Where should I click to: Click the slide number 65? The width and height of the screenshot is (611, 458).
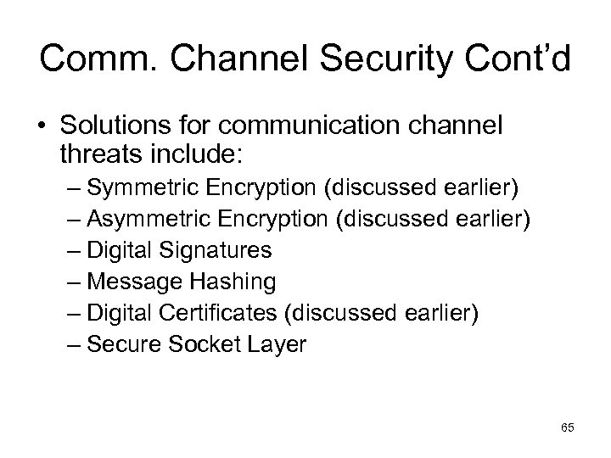[x=567, y=428]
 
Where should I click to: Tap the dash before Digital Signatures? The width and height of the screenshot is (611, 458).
[x=71, y=250]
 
